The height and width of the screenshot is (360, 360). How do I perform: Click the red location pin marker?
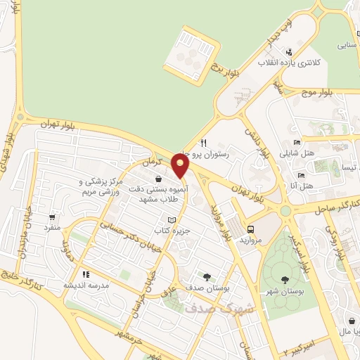181,167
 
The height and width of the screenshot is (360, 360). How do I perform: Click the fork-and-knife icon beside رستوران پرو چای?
203,141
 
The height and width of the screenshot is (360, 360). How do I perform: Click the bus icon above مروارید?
251,229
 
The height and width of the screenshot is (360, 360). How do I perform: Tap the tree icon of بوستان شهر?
285,280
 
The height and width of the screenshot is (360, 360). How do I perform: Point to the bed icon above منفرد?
53,217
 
